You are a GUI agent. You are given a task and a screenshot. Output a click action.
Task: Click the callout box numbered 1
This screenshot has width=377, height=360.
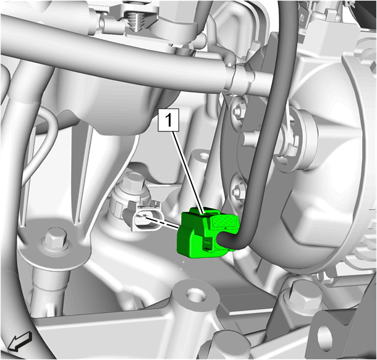tap(168, 120)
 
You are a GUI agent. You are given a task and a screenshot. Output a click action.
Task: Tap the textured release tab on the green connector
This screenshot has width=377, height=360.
tap(226, 221)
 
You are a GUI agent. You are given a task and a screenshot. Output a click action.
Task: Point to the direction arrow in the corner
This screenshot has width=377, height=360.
tap(20, 341)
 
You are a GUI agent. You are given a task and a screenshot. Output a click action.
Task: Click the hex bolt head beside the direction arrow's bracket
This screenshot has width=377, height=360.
tap(56, 239)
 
